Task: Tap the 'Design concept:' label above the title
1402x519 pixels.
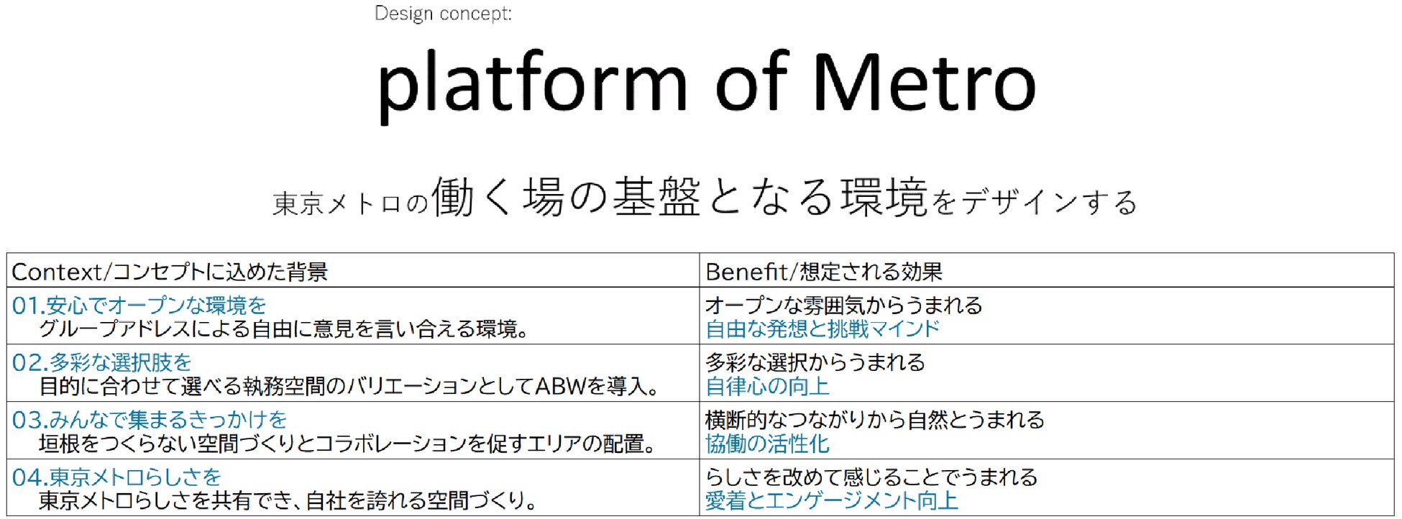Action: (x=443, y=14)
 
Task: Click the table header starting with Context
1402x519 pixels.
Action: (x=170, y=272)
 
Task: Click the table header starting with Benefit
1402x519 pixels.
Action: (x=823, y=272)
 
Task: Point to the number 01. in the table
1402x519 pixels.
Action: (x=29, y=306)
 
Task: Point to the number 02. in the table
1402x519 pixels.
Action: (x=29, y=362)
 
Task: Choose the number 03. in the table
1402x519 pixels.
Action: (x=29, y=420)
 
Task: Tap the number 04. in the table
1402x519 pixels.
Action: (x=29, y=477)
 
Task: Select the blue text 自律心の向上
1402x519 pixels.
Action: (x=767, y=387)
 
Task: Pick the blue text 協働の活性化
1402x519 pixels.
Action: (x=767, y=444)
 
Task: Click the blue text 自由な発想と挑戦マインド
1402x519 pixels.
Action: (x=823, y=329)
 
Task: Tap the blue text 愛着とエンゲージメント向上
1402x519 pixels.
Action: (x=831, y=501)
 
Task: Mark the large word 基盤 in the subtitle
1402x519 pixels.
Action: (x=656, y=197)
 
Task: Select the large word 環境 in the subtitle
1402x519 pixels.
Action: (x=884, y=197)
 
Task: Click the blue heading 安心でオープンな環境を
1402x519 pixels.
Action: (x=156, y=306)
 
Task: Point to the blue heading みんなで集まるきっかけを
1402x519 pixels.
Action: (x=168, y=420)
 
